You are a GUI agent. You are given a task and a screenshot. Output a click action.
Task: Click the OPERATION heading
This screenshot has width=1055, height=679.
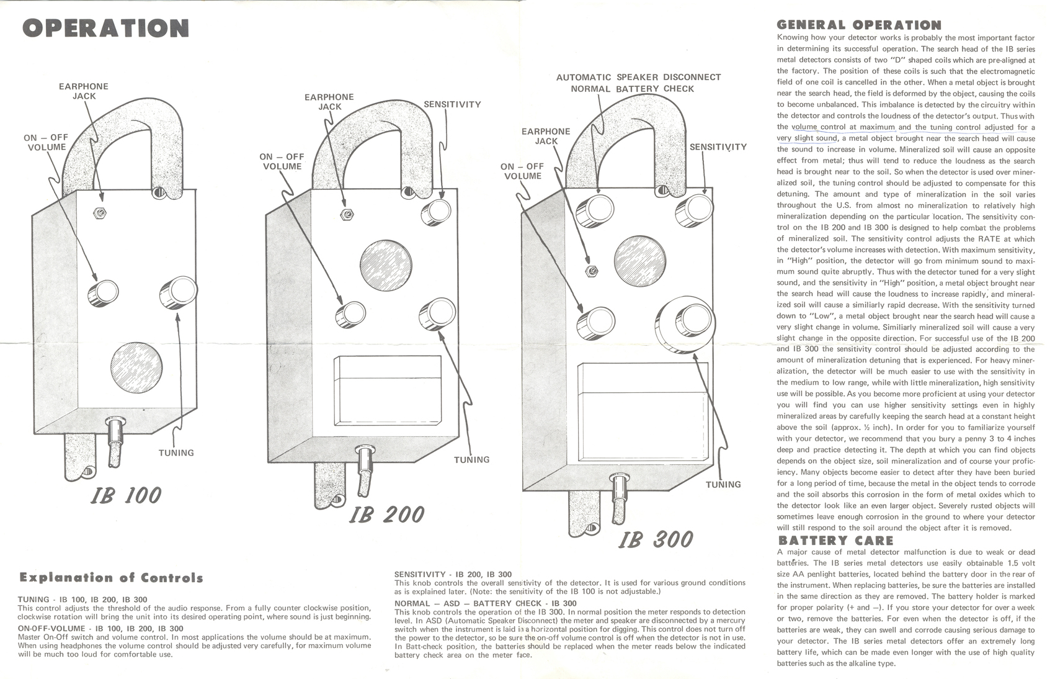pyautogui.click(x=105, y=29)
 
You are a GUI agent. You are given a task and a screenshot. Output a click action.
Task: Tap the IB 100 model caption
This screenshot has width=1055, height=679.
pyautogui.click(x=127, y=495)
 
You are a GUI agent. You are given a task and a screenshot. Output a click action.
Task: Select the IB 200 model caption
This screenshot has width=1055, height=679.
pyautogui.click(x=386, y=514)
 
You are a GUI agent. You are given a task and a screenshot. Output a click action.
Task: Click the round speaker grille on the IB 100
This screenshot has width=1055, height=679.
pyautogui.click(x=136, y=367)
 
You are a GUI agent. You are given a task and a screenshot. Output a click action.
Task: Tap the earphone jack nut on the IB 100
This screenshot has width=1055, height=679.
pyautogui.click(x=99, y=213)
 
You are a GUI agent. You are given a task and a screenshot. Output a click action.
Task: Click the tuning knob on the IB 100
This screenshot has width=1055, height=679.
pyautogui.click(x=179, y=291)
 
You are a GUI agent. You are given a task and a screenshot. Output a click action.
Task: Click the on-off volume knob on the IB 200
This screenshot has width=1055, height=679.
pyautogui.click(x=350, y=315)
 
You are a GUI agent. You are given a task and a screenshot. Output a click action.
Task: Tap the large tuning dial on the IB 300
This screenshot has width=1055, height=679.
pyautogui.click(x=685, y=324)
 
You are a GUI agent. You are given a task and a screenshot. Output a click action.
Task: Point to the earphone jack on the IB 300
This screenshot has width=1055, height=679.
pyautogui.click(x=592, y=271)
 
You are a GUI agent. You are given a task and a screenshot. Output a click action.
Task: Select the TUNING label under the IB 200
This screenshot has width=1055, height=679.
pyautogui.click(x=471, y=460)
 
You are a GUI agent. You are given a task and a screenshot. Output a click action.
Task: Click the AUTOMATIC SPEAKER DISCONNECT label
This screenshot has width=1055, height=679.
pyautogui.click(x=639, y=78)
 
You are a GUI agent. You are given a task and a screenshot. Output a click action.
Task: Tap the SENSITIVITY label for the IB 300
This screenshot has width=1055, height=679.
pyautogui.click(x=718, y=147)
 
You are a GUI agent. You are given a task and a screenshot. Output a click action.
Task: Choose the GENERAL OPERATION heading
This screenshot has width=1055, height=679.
pyautogui.click(x=859, y=25)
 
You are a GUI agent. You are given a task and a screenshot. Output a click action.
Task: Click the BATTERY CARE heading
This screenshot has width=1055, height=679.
pyautogui.click(x=835, y=541)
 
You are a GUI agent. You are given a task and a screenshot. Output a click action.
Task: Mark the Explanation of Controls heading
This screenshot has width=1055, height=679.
pyautogui.click(x=111, y=578)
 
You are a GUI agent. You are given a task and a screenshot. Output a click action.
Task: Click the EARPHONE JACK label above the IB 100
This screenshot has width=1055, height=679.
pyautogui.click(x=84, y=91)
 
